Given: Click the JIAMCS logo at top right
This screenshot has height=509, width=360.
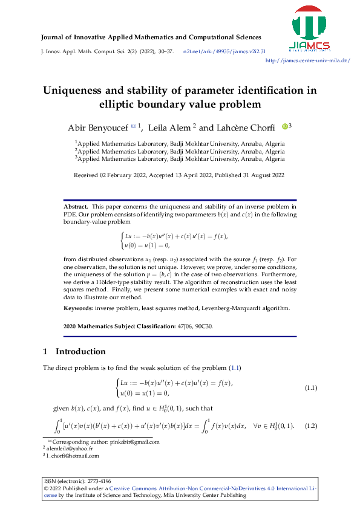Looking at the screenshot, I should click(314, 28).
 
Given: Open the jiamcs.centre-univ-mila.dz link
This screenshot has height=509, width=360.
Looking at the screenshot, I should click(308, 60).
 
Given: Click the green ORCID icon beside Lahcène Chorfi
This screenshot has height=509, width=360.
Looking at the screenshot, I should click(285, 126).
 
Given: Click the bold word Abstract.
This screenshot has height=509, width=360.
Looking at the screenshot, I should click(76, 207).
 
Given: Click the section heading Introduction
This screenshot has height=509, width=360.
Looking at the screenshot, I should click(80, 352).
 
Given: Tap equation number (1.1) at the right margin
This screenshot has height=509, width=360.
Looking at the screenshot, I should click(311, 387).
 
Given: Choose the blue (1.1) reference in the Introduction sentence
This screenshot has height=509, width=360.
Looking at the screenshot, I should click(237, 368).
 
